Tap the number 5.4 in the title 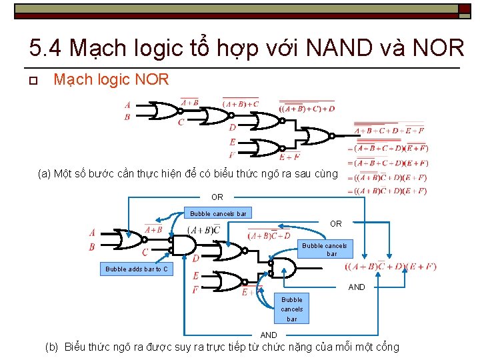[x=47, y=48]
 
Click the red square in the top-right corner [x=464, y=9]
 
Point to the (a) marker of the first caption [x=45, y=175]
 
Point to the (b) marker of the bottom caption [x=52, y=347]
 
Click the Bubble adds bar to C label [x=137, y=269]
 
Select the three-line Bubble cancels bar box [x=291, y=309]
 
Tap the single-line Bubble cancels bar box [x=218, y=214]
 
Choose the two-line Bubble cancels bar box [x=325, y=249]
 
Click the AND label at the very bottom [x=269, y=335]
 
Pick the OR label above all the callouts [x=217, y=197]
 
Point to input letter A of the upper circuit [x=127, y=105]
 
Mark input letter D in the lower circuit [x=196, y=259]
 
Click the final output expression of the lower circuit [x=391, y=267]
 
